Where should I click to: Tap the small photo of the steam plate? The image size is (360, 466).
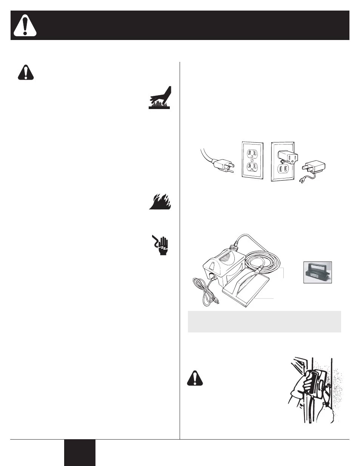coord(317,272)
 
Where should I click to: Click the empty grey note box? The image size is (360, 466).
coord(264,321)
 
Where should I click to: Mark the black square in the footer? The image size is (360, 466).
coord(79,452)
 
